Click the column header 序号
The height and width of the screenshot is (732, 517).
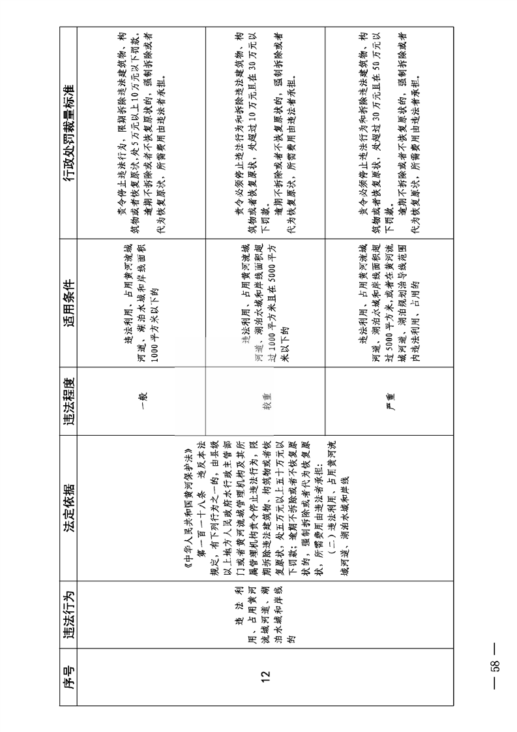tap(68, 675)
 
